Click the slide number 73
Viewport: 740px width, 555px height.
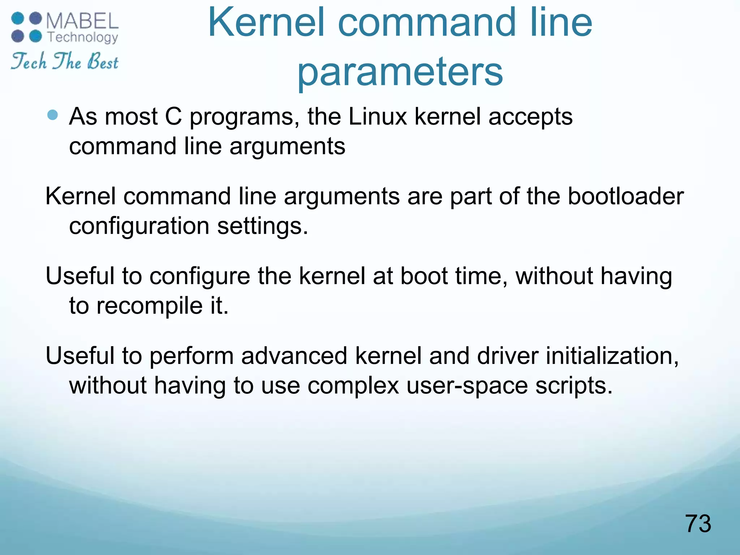click(x=698, y=524)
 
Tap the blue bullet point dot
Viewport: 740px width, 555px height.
click(x=53, y=115)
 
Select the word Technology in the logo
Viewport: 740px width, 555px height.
click(x=83, y=37)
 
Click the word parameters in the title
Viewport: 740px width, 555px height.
click(x=400, y=72)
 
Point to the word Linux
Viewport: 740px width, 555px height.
click(x=378, y=117)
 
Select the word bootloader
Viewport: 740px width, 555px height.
click(x=625, y=197)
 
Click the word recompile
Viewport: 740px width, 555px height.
click(x=149, y=306)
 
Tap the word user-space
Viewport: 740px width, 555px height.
click(x=467, y=386)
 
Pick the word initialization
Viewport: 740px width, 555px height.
click(x=612, y=356)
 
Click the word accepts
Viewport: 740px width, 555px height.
click(x=530, y=117)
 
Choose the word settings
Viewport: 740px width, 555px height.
click(x=262, y=227)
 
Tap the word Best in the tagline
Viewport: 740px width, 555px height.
click(x=103, y=61)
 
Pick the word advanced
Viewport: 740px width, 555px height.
click(x=294, y=356)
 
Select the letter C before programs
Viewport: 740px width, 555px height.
click(x=173, y=117)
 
